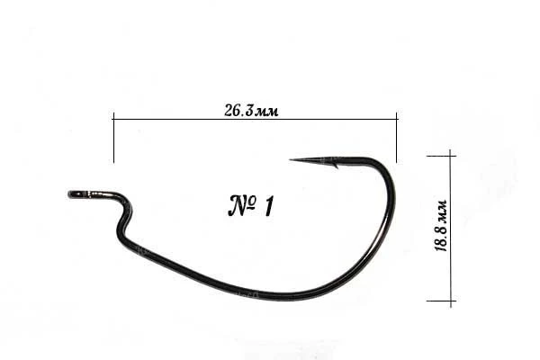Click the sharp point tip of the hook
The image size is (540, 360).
(x=290, y=159)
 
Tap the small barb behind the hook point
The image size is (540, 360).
(x=335, y=166)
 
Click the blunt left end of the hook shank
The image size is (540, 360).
(x=69, y=194)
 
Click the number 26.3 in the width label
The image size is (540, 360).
(x=238, y=111)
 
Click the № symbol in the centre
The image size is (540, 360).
(x=242, y=206)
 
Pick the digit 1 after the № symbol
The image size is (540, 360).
(x=268, y=206)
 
